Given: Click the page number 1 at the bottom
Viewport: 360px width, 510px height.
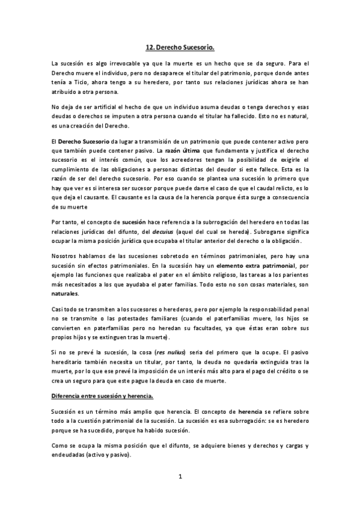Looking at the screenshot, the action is click(180, 477).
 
